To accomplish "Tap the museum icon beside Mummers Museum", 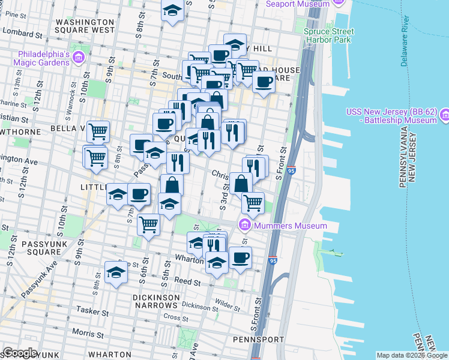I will (x=244, y=226).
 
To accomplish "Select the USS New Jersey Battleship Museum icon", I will (x=445, y=114).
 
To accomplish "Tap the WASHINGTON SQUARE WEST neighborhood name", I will (x=85, y=25).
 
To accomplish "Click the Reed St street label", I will (x=186, y=281).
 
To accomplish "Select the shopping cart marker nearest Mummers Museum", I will (x=253, y=202).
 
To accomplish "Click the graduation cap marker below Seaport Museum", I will (x=173, y=10).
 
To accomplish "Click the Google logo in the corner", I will (x=20, y=353).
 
